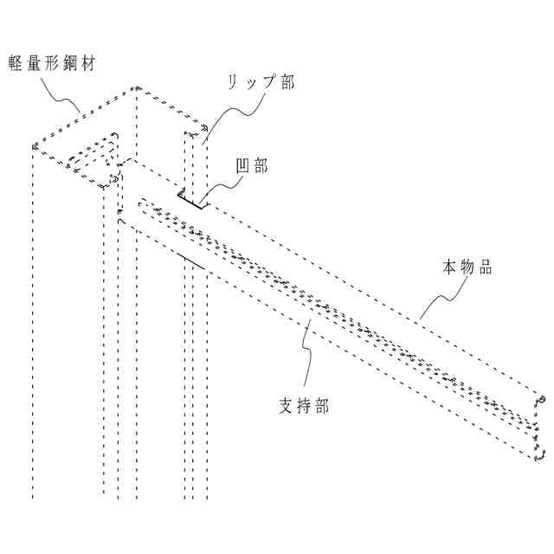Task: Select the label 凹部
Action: pyautogui.click(x=252, y=166)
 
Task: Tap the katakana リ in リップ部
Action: pyautogui.click(x=234, y=82)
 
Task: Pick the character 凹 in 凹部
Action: pyautogui.click(x=243, y=166)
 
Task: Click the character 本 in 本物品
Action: pyautogui.click(x=449, y=267)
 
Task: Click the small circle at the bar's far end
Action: pyautogui.click(x=544, y=399)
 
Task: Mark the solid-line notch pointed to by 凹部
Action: pyautogui.click(x=191, y=201)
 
